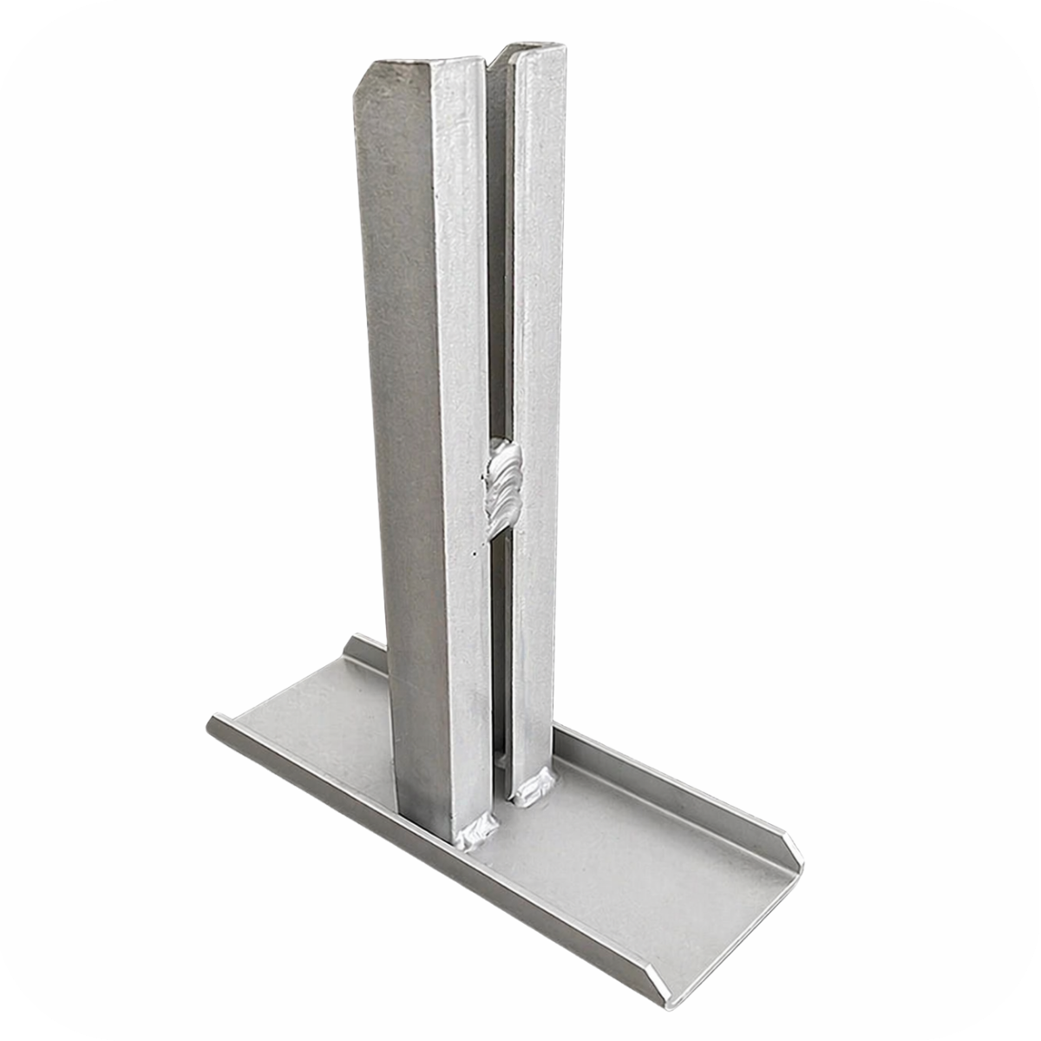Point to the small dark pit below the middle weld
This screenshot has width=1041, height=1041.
(x=475, y=551)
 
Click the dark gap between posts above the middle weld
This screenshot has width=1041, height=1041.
(x=496, y=260)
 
